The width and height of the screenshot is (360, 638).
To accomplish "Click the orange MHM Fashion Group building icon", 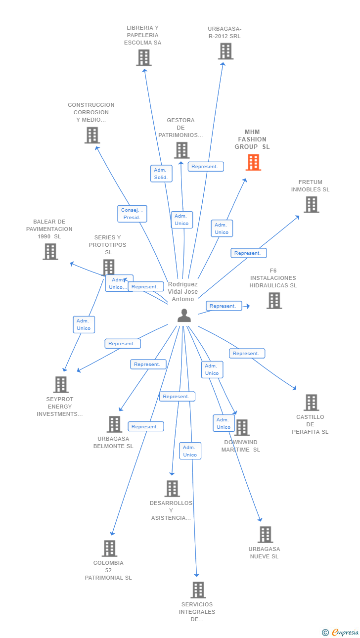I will click(x=253, y=162).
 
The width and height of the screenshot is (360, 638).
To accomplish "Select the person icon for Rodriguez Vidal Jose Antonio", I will click(x=184, y=316).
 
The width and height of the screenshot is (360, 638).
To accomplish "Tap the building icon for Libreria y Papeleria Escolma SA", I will click(x=143, y=58).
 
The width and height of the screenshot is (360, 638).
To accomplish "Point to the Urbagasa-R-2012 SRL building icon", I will click(x=225, y=51).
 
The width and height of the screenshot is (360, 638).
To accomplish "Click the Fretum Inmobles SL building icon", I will click(x=311, y=205).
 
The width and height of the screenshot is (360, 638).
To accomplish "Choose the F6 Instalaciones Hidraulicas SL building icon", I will click(x=274, y=301).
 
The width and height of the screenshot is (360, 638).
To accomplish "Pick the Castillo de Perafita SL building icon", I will click(x=311, y=403).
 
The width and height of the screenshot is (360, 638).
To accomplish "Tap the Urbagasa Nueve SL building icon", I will click(x=265, y=535).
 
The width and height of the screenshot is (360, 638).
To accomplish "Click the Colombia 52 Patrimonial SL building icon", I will click(x=109, y=548).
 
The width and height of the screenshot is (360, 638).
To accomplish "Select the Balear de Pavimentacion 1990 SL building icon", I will click(x=50, y=252).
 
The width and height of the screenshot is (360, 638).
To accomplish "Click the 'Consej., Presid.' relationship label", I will click(x=132, y=214).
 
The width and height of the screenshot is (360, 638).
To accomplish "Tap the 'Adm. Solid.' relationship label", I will click(x=161, y=174).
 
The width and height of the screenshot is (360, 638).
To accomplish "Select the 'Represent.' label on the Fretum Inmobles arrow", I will click(x=248, y=253).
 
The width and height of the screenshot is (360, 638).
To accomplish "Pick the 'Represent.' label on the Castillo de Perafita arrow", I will click(x=247, y=354).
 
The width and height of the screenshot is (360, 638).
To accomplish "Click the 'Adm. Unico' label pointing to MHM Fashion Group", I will click(x=222, y=228).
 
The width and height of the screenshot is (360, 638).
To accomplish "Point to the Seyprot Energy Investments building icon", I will click(x=60, y=385).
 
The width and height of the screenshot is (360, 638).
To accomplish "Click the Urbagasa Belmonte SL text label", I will click(x=113, y=442).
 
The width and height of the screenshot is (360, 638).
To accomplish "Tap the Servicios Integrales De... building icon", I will click(x=198, y=590).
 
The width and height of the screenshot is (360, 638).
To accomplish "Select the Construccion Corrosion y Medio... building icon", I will click(x=92, y=136).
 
